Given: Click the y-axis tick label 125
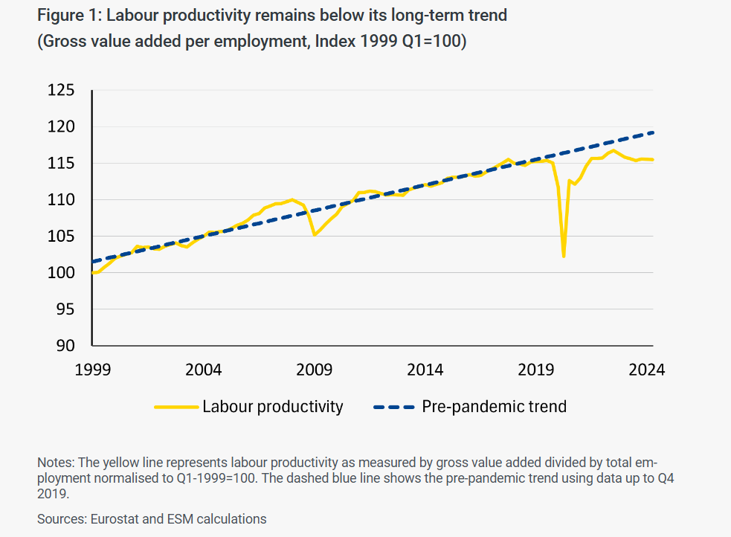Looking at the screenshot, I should [x=62, y=91].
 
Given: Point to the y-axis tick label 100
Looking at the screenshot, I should [x=62, y=273].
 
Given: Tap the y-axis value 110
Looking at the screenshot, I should [x=62, y=200].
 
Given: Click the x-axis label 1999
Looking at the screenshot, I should [x=91, y=370].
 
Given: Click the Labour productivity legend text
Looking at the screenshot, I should [x=272, y=407].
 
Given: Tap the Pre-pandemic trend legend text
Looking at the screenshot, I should [x=494, y=407].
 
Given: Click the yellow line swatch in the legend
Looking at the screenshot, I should [x=176, y=407].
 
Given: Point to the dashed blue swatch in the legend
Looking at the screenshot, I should [x=391, y=407].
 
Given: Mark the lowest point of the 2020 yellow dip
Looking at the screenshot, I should [x=564, y=257].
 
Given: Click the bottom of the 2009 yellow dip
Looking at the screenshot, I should [x=315, y=235].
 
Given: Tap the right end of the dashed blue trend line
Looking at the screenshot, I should [x=652, y=132].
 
